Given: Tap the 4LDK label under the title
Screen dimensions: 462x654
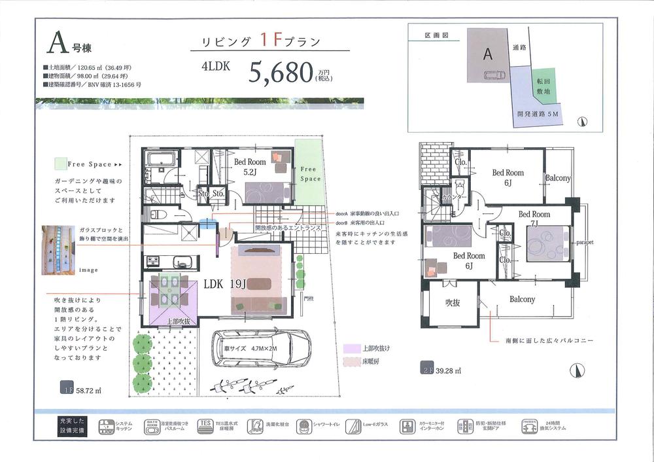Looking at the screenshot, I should pos(216,67).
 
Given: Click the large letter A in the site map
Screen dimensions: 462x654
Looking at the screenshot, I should pos(487,55).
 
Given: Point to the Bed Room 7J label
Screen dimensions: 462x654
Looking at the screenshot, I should pos(534,219).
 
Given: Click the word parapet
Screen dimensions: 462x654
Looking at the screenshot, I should pos(585,241).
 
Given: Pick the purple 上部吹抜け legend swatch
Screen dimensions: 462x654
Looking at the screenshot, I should pos(349,348).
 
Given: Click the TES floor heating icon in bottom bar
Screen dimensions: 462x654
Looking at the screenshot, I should pos(206,427).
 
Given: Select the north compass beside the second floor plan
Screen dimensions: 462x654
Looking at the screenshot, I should pos(576,370).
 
